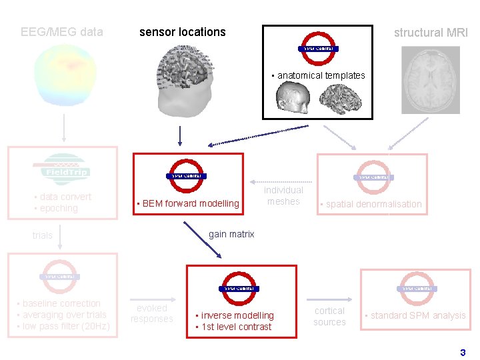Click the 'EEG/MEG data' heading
coord(62,32)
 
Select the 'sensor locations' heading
coord(182,32)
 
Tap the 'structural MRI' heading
coord(431,33)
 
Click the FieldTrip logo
coord(61,167)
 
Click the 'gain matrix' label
coord(231,234)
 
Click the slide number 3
coord(463,352)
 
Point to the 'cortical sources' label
coord(330,317)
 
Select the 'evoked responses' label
coord(151,314)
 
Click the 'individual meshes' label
coord(283,196)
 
